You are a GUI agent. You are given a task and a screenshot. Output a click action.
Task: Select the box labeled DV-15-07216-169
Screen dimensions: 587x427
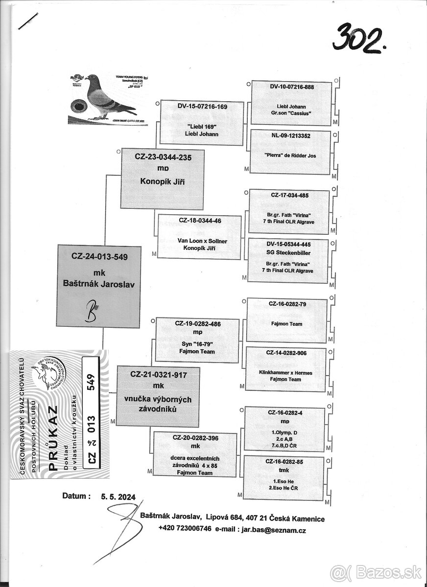[202, 123]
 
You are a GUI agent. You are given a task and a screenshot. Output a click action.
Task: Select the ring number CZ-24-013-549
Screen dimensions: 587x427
[99, 256]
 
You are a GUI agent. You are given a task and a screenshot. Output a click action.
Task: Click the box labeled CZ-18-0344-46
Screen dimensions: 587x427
[199, 238]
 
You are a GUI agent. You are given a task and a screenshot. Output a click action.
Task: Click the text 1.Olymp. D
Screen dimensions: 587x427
[285, 432]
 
